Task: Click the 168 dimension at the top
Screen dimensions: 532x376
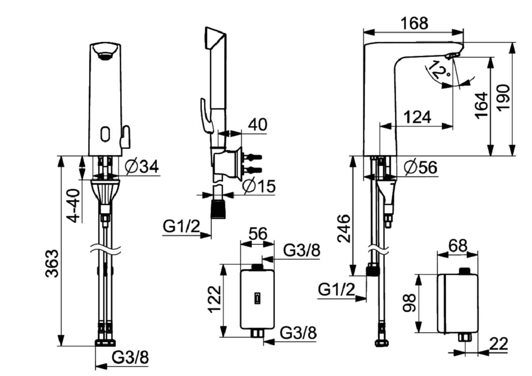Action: (x=414, y=24)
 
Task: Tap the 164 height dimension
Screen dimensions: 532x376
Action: (x=481, y=105)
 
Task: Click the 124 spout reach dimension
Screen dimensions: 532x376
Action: (x=418, y=117)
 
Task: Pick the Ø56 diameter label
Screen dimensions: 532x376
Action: (x=421, y=167)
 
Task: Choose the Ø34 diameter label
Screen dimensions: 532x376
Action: (x=142, y=166)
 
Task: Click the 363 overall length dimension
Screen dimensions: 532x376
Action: (x=52, y=263)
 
